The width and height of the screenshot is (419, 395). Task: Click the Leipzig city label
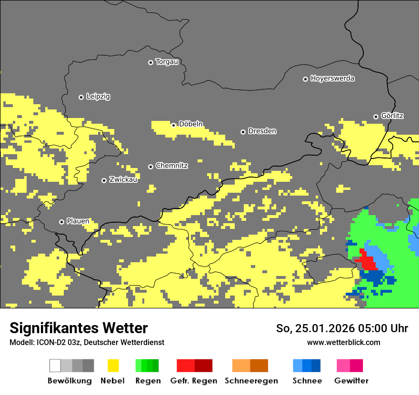tap(98, 97)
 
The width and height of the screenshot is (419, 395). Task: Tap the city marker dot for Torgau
tap(150, 62)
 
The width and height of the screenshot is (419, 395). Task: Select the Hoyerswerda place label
tap(332, 79)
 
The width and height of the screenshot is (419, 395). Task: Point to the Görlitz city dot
tap(376, 117)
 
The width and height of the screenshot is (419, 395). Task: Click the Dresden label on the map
tap(262, 131)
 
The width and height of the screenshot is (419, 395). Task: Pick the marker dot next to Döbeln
tap(174, 125)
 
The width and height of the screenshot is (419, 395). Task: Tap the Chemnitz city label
tap(171, 166)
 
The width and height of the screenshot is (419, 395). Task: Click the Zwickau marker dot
tap(104, 180)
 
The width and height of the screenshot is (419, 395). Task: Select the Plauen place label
tap(78, 221)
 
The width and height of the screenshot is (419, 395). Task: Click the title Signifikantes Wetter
tap(79, 328)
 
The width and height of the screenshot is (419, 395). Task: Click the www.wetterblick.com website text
tap(343, 342)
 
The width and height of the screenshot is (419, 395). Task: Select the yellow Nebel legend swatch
tap(113, 365)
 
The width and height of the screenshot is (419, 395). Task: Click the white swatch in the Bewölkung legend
tap(55, 365)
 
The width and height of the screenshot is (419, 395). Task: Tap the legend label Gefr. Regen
tap(194, 381)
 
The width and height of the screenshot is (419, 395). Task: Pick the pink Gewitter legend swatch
tap(343, 365)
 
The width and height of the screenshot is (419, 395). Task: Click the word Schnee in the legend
tap(307, 381)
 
